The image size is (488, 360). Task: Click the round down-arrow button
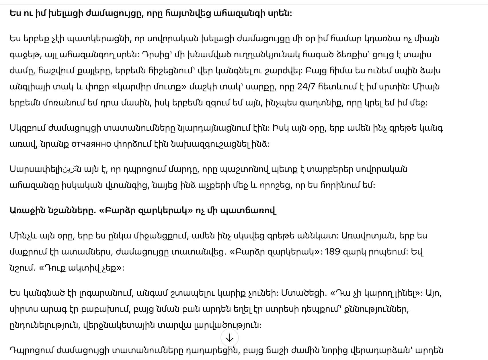coord(230,338)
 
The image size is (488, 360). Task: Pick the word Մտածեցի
coord(304,293)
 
